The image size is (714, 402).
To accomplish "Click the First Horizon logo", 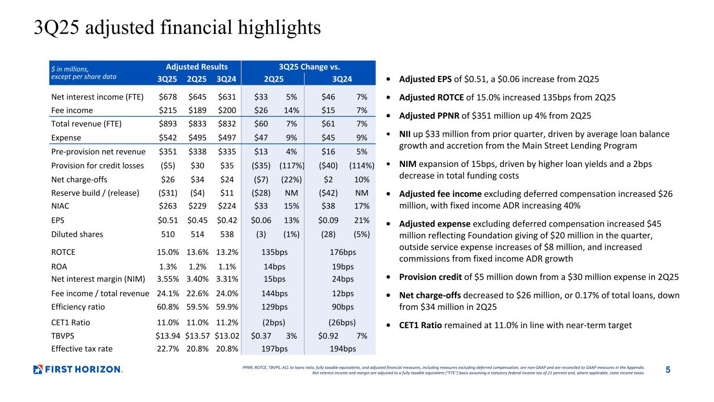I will [78, 370].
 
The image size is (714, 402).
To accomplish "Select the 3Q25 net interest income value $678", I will [167, 97].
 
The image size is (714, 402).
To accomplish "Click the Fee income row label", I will [72, 110].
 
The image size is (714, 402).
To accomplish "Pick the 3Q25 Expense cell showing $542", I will [167, 138].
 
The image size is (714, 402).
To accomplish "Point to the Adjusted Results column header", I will [197, 66].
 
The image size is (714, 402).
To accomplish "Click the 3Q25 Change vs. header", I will [310, 66].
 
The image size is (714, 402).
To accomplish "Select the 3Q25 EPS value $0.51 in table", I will [167, 220].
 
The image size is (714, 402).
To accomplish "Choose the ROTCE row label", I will [63, 252].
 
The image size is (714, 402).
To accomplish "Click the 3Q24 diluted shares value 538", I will [226, 234].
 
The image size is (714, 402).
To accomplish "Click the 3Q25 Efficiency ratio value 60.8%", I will [168, 307].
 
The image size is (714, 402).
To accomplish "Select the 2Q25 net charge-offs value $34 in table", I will [197, 179].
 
